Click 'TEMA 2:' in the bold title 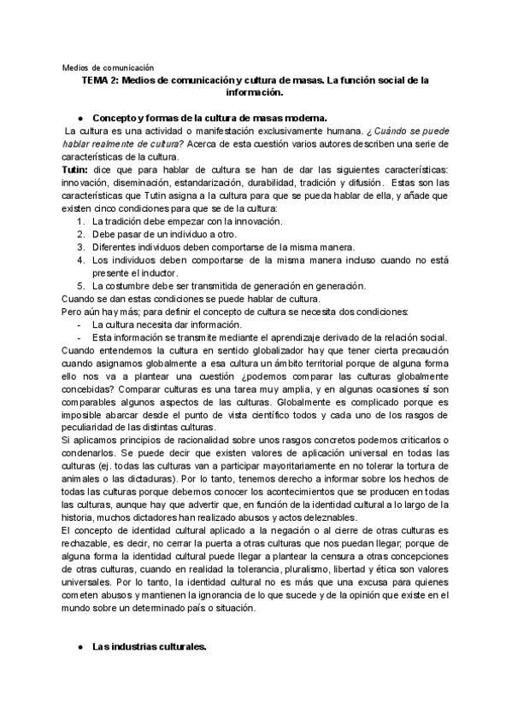point(100,79)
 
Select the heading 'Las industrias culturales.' point(150,647)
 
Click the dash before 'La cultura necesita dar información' point(79,324)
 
